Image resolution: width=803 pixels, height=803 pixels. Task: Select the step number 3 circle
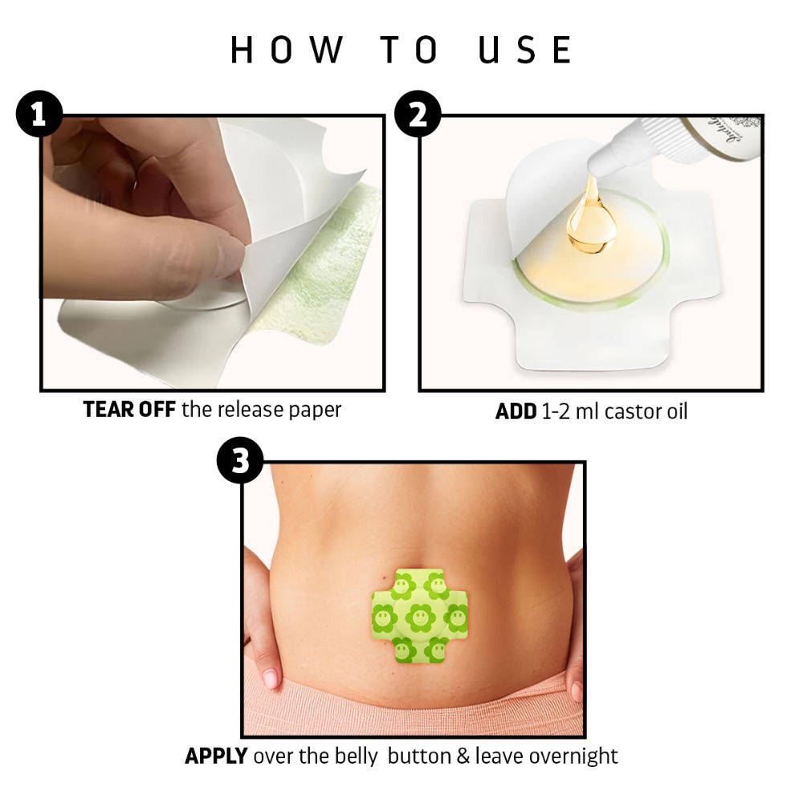click(x=240, y=463)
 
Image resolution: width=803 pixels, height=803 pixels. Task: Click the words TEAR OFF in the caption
click(x=129, y=410)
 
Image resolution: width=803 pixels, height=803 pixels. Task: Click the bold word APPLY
click(x=216, y=756)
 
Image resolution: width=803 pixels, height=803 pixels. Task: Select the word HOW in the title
click(x=285, y=50)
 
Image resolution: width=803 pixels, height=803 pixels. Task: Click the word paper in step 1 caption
click(x=316, y=410)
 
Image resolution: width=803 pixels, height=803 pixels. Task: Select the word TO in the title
click(x=409, y=50)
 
